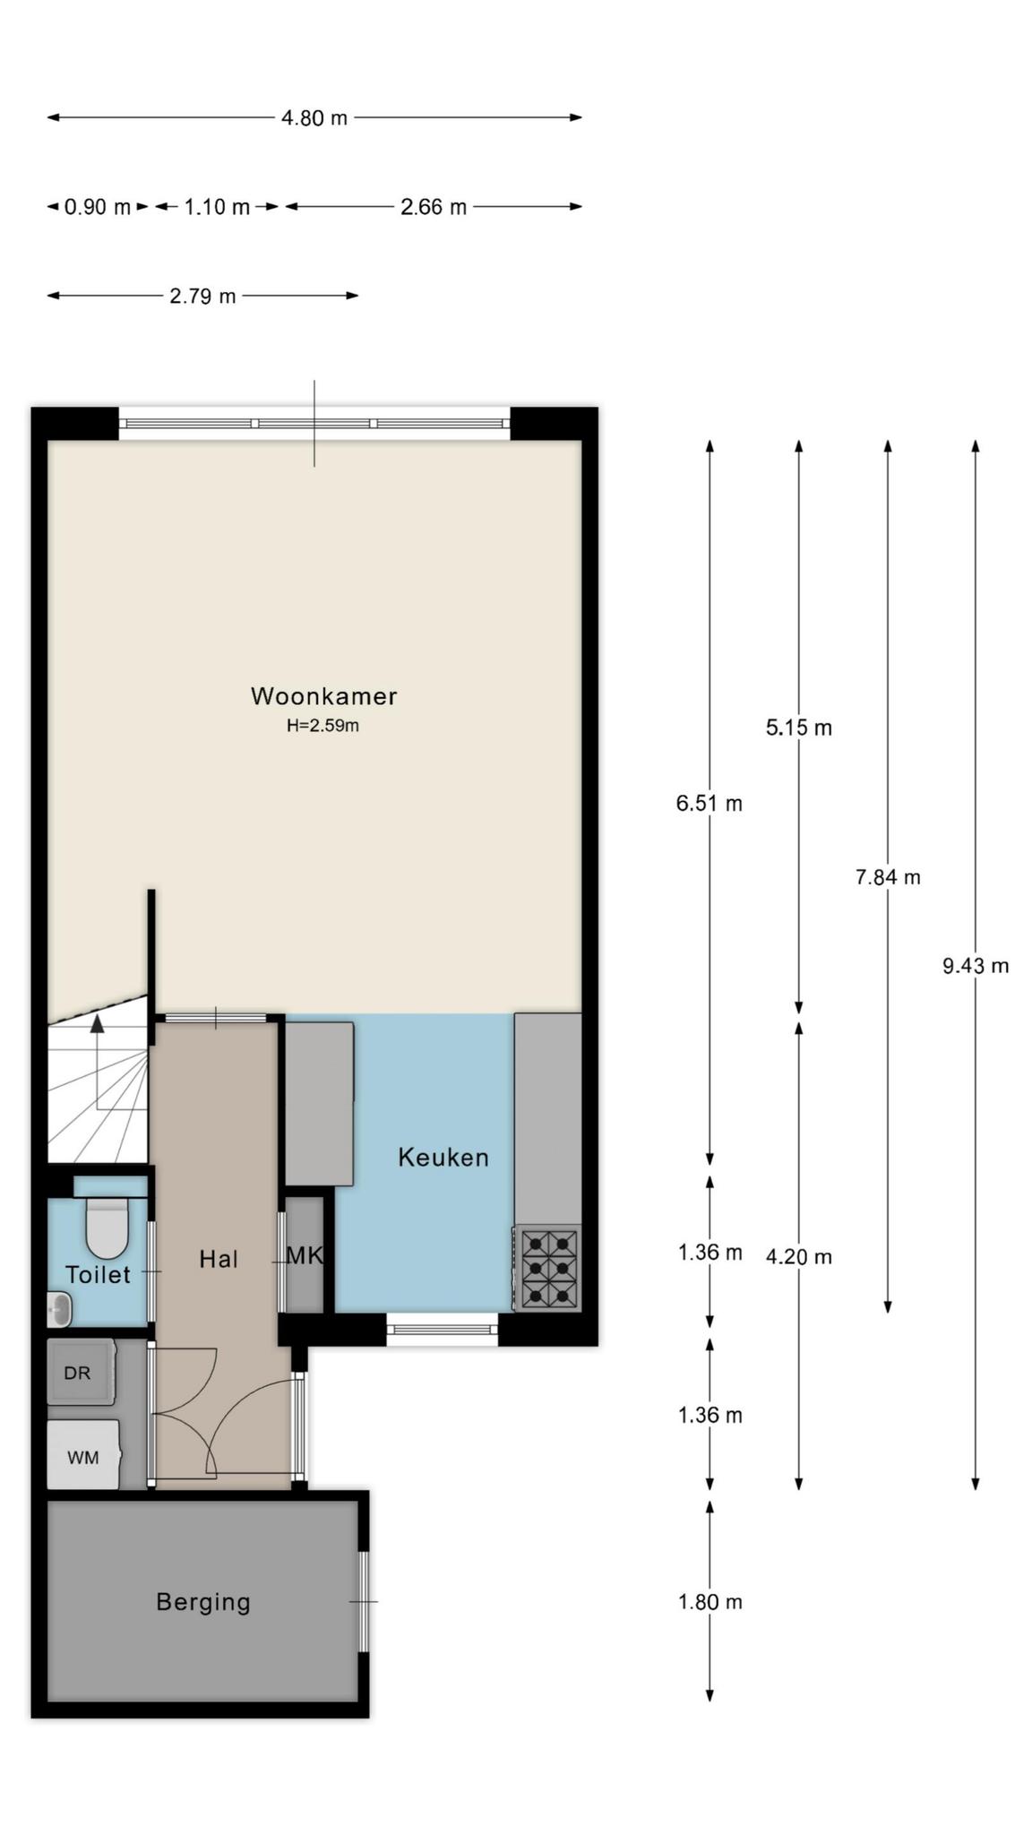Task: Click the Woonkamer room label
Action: point(323,695)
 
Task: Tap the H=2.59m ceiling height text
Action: point(322,726)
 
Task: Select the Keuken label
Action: point(443,1157)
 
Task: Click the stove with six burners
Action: point(547,1268)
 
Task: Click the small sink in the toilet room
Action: point(59,1310)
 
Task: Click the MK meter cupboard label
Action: point(304,1255)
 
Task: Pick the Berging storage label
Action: point(203,1601)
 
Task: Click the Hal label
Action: point(219,1259)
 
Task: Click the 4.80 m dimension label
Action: point(314,117)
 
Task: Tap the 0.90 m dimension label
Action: point(98,207)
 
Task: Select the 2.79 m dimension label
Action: point(202,296)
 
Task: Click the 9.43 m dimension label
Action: point(976,965)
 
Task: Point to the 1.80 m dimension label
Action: point(710,1601)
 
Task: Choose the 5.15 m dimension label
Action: point(799,728)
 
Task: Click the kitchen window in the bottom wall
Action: point(443,1329)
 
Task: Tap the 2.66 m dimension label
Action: point(434,207)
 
